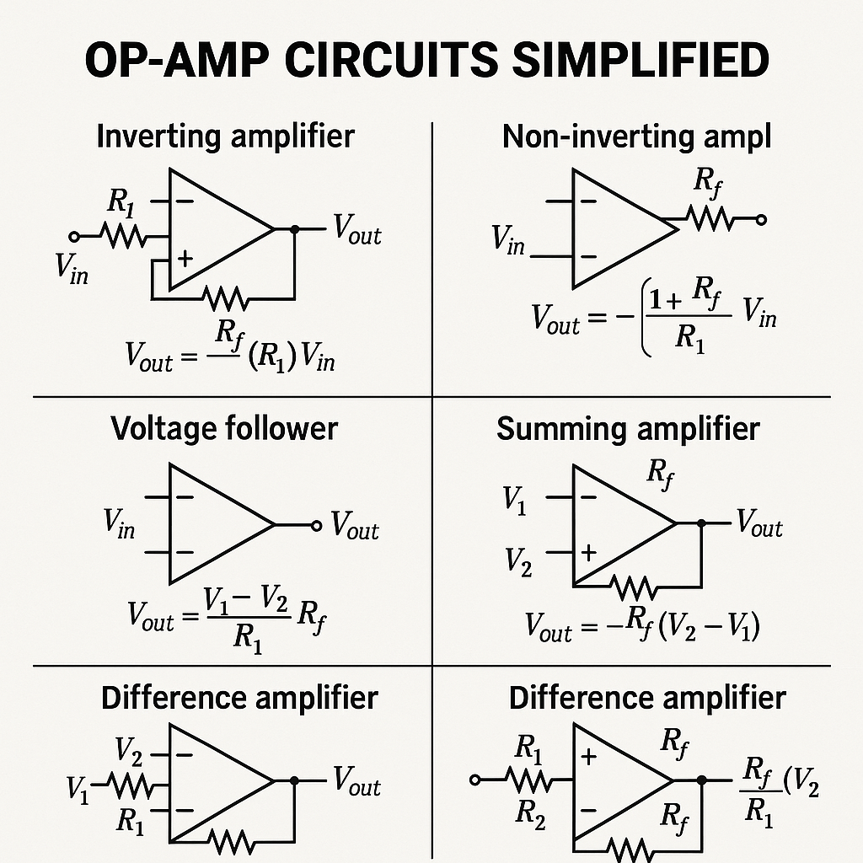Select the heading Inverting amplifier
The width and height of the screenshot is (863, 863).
[225, 136]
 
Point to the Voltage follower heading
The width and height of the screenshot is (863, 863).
[224, 428]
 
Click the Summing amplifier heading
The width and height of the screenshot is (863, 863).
[628, 428]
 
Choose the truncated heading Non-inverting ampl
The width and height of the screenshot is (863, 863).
[636, 136]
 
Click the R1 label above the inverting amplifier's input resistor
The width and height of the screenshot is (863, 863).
[121, 202]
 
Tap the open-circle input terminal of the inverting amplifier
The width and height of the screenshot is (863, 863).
[74, 236]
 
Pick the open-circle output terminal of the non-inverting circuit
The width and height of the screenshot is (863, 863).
[761, 220]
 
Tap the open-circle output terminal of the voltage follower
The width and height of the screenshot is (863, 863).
[316, 525]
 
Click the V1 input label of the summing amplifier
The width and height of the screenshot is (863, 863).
[515, 500]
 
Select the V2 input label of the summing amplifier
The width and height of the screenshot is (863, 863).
[519, 560]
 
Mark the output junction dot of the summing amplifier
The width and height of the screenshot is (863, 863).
[702, 524]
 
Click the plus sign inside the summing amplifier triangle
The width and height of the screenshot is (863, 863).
[588, 552]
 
